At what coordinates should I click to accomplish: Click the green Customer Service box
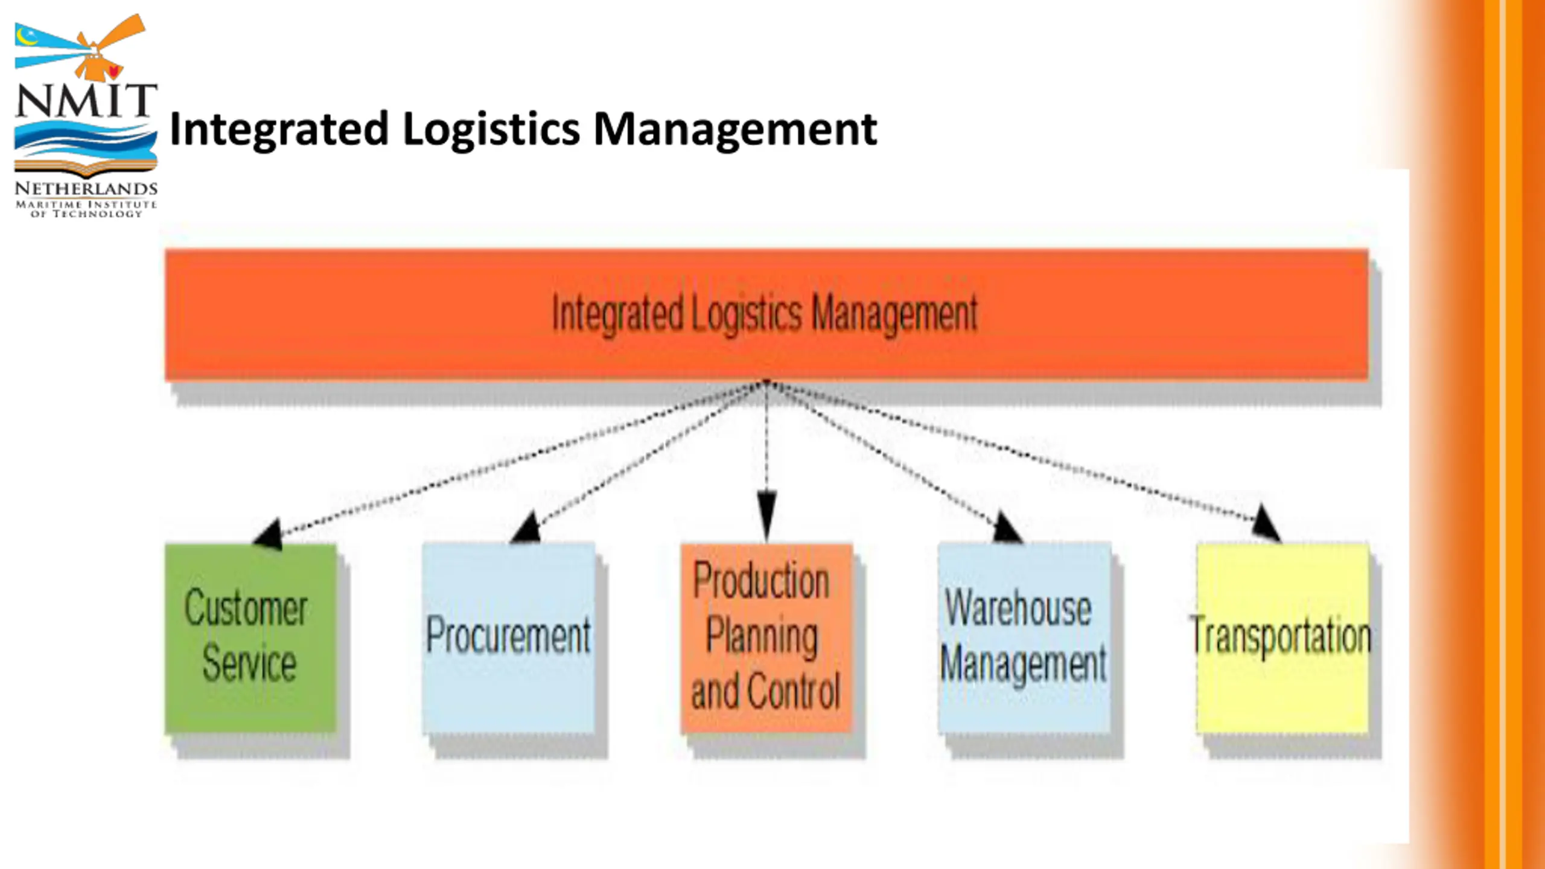click(x=250, y=638)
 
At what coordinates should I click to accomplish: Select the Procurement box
click(x=508, y=638)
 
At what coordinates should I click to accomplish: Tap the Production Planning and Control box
click(x=766, y=638)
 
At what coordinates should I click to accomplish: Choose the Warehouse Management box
click(x=1024, y=638)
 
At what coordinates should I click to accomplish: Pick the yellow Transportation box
click(x=1282, y=638)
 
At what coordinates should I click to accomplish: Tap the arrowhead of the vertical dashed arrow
click(x=766, y=517)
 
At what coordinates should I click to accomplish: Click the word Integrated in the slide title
click(x=279, y=129)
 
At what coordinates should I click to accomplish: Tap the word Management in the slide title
click(x=735, y=129)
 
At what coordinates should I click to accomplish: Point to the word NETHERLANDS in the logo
click(x=86, y=189)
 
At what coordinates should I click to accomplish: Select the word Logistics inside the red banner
click(x=746, y=314)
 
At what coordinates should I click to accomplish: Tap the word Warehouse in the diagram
click(x=1018, y=608)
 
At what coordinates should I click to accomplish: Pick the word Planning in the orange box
click(x=762, y=636)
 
